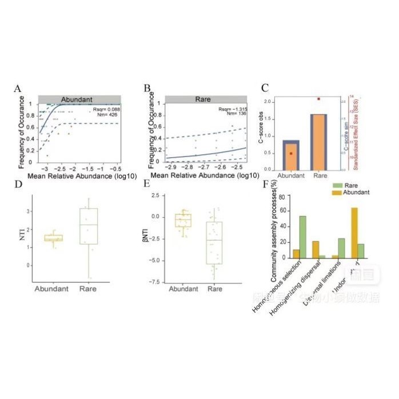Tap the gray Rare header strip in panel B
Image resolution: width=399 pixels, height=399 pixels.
(203, 99)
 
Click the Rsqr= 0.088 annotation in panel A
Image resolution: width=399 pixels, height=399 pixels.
(105, 108)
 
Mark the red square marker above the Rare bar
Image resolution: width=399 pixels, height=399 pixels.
(318, 99)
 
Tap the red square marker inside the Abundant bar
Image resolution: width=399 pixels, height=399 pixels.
(291, 153)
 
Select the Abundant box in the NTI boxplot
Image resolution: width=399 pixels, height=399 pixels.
(53, 238)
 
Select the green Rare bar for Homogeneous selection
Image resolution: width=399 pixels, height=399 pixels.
(302, 237)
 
